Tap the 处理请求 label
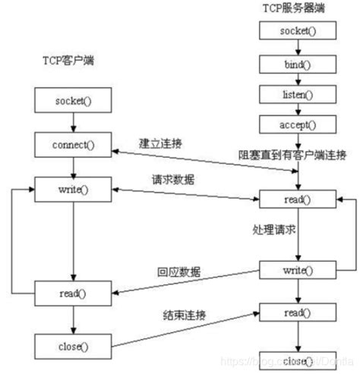tap(273, 228)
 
